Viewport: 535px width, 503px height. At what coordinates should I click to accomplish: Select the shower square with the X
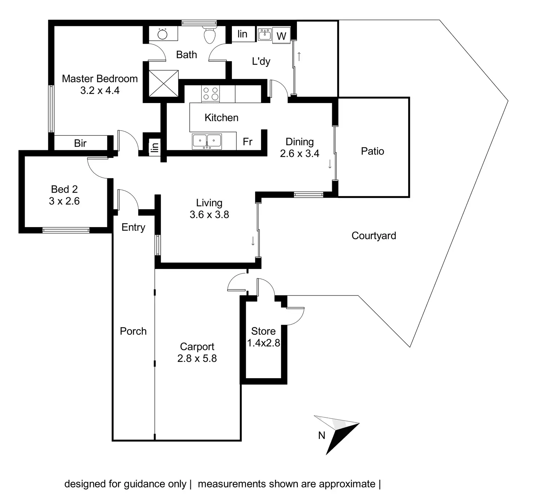[x=164, y=83]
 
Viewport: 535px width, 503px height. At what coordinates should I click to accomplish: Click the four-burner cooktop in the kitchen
[x=210, y=94]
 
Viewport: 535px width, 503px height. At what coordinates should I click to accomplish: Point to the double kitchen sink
[x=207, y=141]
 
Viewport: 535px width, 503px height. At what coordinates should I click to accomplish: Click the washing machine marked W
[x=281, y=35]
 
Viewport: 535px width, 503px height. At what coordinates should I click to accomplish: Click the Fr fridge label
[x=248, y=142]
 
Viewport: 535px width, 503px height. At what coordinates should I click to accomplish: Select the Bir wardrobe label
[x=80, y=143]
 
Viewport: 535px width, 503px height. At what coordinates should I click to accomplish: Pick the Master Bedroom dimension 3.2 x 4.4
[x=100, y=90]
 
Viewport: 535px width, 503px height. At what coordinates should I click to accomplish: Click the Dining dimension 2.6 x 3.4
[x=299, y=153]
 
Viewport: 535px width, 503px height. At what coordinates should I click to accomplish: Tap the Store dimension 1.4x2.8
[x=264, y=343]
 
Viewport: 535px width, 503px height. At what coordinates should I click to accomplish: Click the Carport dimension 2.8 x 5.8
[x=197, y=359]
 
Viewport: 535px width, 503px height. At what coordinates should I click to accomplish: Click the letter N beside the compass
[x=322, y=435]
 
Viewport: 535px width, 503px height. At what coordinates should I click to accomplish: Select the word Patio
[x=373, y=151]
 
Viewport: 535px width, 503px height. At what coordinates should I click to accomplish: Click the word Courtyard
[x=374, y=236]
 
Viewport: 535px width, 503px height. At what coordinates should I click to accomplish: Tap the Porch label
[x=133, y=331]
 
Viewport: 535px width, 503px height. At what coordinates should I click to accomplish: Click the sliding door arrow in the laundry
[x=299, y=57]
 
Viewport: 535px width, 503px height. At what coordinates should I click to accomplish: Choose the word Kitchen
[x=221, y=118]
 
